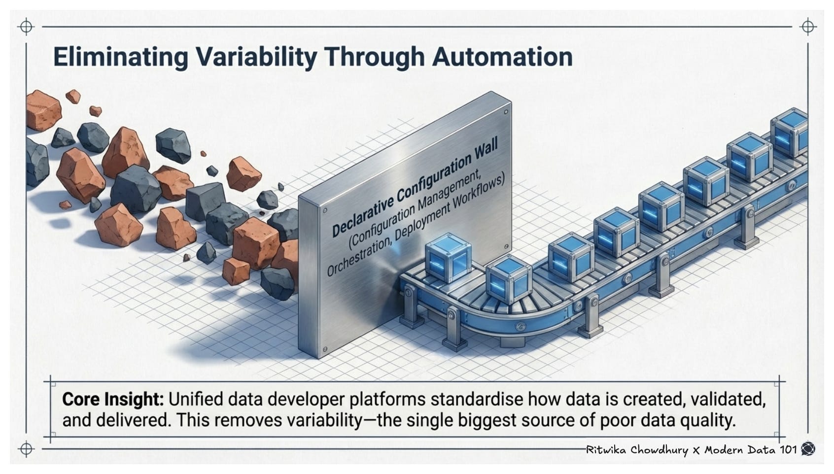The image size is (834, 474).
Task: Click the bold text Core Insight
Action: pyautogui.click(x=112, y=399)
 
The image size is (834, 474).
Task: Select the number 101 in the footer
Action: pyautogui.click(x=788, y=449)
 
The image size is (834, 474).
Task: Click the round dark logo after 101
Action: pyautogui.click(x=808, y=449)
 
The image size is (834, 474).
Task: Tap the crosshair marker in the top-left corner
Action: pyautogui.click(x=26, y=26)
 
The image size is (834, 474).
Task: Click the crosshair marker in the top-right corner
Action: pyautogui.click(x=808, y=26)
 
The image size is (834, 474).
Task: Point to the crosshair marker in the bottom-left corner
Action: pyautogui.click(x=26, y=449)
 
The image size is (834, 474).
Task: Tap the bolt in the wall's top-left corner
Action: pyautogui.click(x=324, y=210)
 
